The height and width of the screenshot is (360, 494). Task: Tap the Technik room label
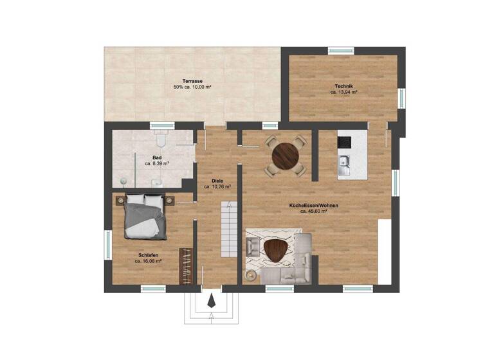pyautogui.click(x=343, y=86)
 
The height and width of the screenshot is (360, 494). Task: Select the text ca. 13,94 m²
pyautogui.click(x=343, y=93)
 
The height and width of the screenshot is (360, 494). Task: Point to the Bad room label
pyautogui.click(x=156, y=157)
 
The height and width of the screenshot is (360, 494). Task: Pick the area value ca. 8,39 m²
pyautogui.click(x=157, y=164)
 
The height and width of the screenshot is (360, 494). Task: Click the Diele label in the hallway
pyautogui.click(x=217, y=181)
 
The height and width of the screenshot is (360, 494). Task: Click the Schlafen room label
pyautogui.click(x=147, y=255)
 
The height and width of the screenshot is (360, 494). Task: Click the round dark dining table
pyautogui.click(x=285, y=156)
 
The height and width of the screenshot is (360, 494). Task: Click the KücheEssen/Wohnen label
pyautogui.click(x=314, y=205)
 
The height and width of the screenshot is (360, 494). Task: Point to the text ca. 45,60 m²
pyautogui.click(x=314, y=212)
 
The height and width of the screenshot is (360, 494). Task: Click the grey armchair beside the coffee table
pyautogui.click(x=253, y=247)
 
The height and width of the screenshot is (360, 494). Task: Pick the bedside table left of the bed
pyautogui.click(x=120, y=200)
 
